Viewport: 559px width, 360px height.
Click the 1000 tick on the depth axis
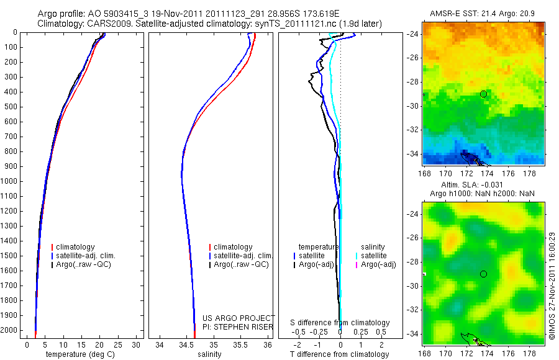(12, 181)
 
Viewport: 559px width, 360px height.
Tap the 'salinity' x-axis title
(209, 354)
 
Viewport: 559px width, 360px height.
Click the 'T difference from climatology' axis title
(340, 354)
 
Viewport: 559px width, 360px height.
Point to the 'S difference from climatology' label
(340, 323)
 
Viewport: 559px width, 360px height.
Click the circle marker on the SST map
(483, 94)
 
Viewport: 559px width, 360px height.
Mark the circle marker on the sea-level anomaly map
(483, 274)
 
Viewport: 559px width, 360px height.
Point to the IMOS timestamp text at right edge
(552, 286)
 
